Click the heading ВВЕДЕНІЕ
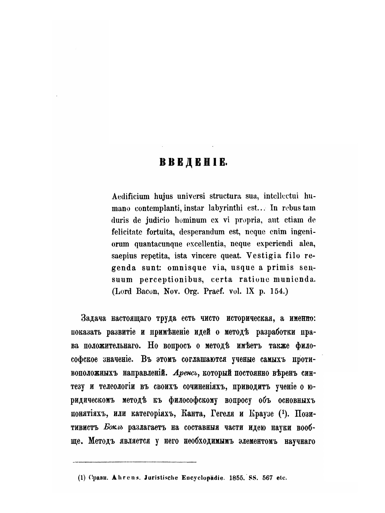[194, 162]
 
